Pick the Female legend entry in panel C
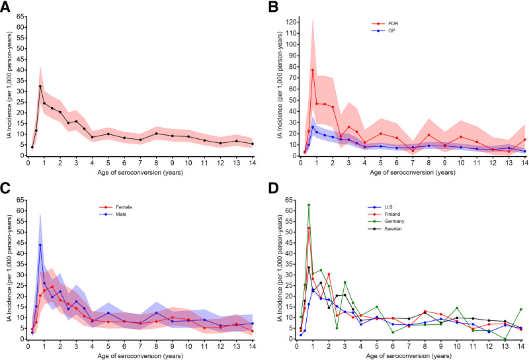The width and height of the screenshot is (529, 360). pos(123,207)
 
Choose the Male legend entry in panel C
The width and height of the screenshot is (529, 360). pos(121,214)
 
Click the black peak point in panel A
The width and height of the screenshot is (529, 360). pos(40,86)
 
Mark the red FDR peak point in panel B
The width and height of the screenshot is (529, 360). pos(312,69)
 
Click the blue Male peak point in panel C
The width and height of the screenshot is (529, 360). pos(40,245)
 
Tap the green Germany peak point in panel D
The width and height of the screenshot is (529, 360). pos(309,205)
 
